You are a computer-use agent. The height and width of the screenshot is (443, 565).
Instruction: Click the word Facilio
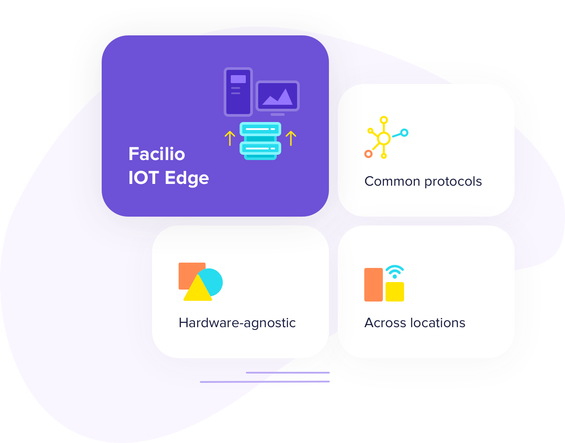[x=157, y=154]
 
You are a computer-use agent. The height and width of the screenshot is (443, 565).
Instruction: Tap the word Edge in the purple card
[x=187, y=178]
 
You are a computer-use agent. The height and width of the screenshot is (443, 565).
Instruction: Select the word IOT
[x=143, y=178]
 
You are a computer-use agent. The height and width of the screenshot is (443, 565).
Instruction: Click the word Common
[x=392, y=181]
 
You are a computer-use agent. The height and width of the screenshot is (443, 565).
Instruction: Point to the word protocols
[x=453, y=182]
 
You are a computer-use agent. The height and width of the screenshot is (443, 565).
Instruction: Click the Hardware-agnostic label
[x=237, y=323]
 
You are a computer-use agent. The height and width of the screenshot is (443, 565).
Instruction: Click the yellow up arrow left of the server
[x=229, y=138]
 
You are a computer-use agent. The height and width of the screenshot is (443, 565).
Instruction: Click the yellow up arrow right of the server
[x=290, y=138]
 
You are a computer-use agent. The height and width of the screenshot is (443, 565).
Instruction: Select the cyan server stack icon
[x=260, y=141]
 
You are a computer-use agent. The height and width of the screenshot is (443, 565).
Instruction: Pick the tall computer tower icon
[x=238, y=92]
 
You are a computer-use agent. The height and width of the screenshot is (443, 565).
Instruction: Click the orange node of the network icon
[x=368, y=154]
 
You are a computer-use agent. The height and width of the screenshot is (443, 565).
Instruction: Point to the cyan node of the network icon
[x=404, y=132]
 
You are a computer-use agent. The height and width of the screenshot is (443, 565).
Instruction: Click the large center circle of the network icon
[x=384, y=138]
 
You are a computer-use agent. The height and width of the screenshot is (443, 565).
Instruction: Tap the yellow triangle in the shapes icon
[x=197, y=290]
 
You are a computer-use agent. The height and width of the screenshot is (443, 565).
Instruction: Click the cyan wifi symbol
[x=394, y=271]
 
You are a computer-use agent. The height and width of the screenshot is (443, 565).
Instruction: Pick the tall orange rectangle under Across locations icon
[x=373, y=285]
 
